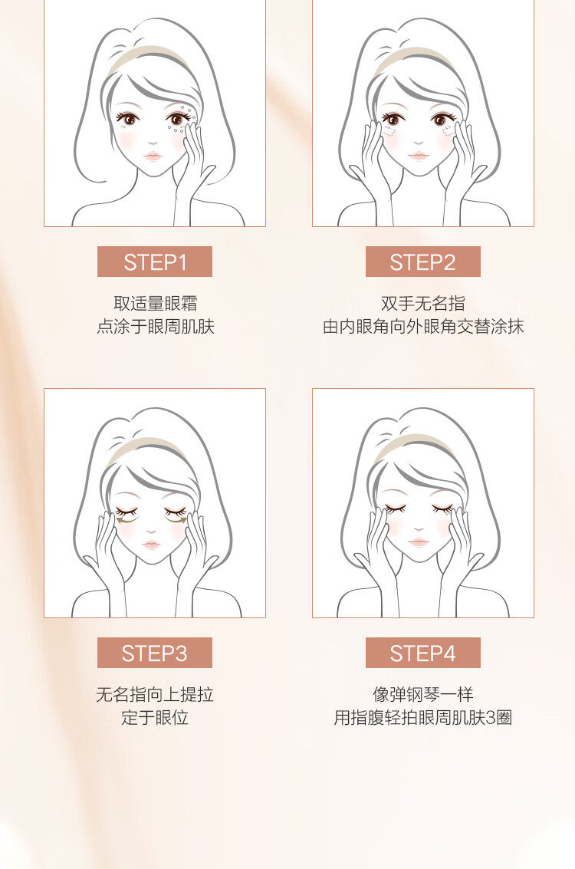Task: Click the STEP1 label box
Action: [155, 262]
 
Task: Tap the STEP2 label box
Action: [422, 262]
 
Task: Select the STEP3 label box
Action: [155, 653]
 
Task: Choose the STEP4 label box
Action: [422, 653]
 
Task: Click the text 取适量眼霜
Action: [155, 303]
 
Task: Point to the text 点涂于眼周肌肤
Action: [155, 327]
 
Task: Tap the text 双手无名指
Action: [422, 303]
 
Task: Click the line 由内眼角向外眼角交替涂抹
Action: [422, 327]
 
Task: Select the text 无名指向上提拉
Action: [155, 694]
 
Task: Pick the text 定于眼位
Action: [155, 718]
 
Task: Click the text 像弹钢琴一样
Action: [422, 694]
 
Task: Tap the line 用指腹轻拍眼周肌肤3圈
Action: [422, 718]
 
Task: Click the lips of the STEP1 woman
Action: [153, 156]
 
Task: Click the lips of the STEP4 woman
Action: [419, 541]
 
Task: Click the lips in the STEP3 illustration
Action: [151, 545]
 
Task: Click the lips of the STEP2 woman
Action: [419, 156]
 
